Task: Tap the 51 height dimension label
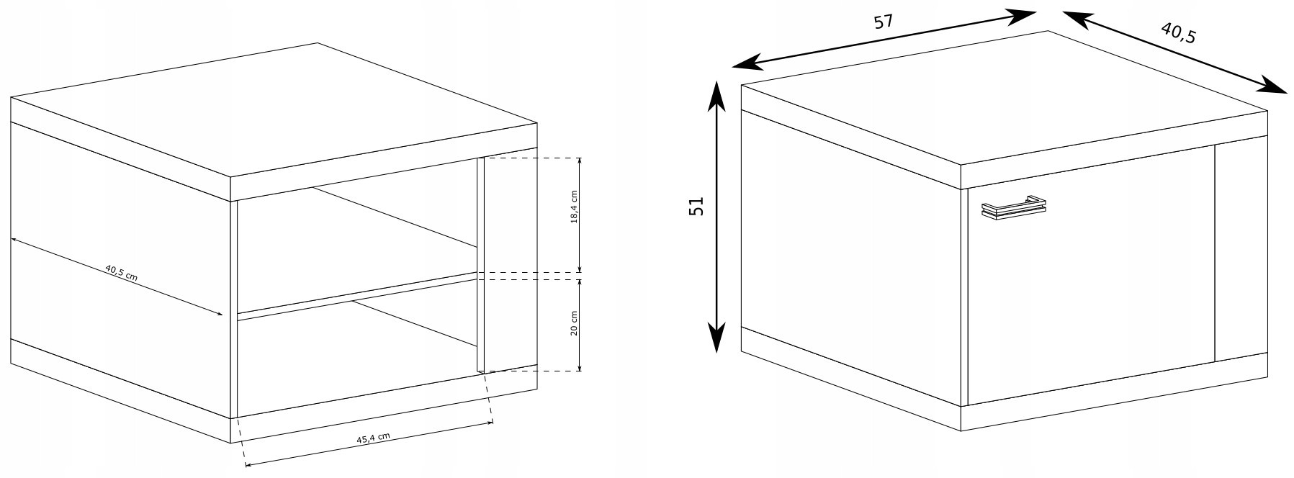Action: click(696, 207)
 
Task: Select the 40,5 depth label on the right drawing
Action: click(1178, 32)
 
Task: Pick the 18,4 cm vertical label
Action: click(574, 208)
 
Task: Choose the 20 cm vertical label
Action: click(574, 323)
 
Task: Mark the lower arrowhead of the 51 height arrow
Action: click(715, 341)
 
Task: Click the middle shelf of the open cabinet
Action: click(356, 294)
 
